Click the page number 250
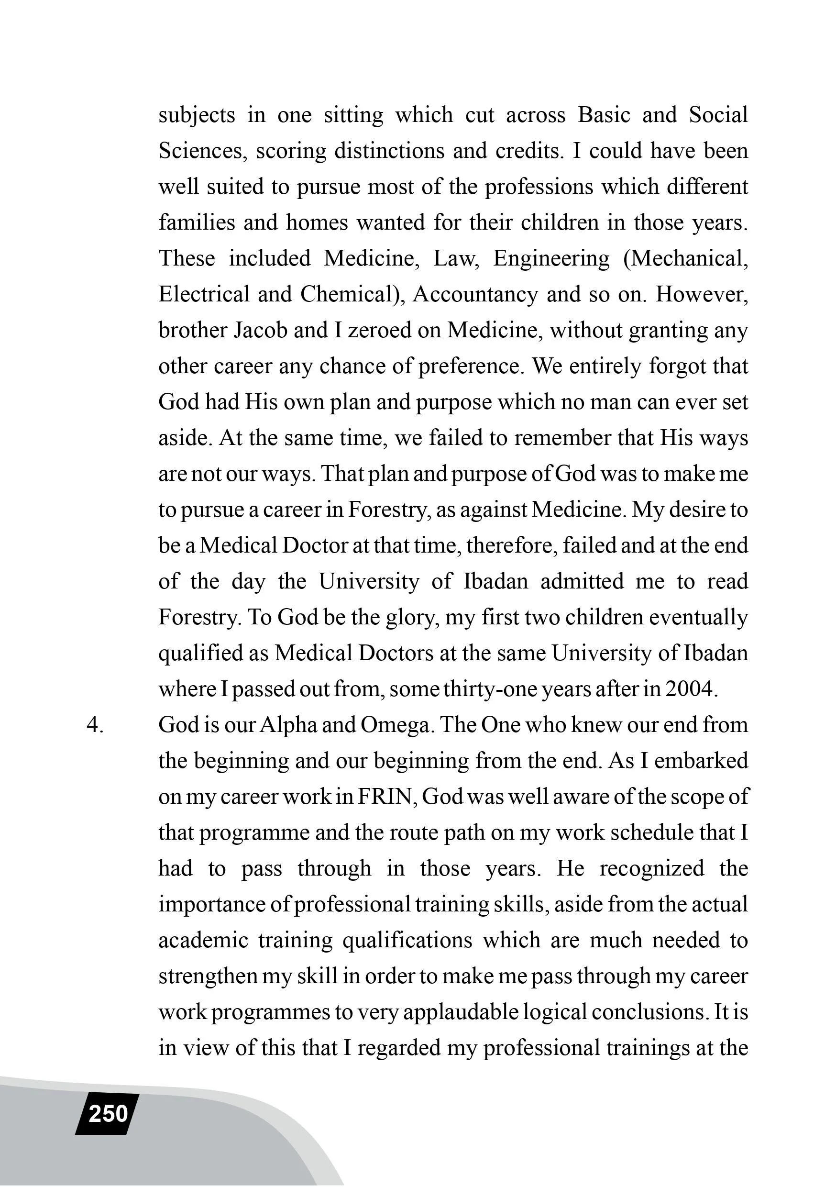[108, 1114]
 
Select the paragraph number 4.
[95, 725]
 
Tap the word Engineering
[551, 258]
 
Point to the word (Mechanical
[686, 258]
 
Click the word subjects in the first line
[197, 115]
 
